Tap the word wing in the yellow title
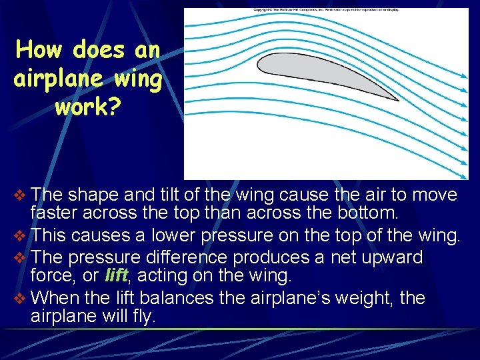pos(133,79)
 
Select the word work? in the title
pos(88,107)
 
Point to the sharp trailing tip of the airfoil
pos(397,101)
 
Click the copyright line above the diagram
pos(325,11)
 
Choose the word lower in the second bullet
pos(177,236)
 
